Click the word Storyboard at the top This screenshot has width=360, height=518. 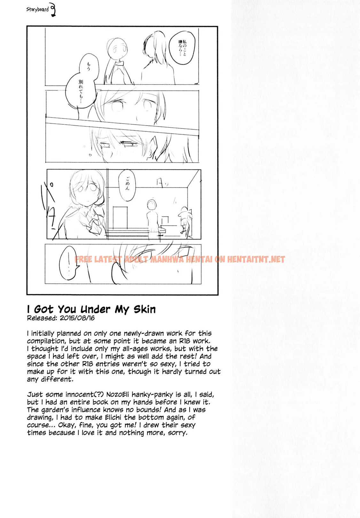click(x=37, y=10)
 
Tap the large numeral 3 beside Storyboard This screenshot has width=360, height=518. click(x=53, y=10)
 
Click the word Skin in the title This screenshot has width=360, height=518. click(x=145, y=309)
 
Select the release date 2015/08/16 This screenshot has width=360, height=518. click(x=77, y=318)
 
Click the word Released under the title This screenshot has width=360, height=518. click(x=41, y=318)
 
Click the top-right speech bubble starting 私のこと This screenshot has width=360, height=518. click(x=182, y=47)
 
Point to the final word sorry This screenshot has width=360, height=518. click(x=177, y=433)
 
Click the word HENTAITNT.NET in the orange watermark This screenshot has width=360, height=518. click(x=256, y=259)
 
